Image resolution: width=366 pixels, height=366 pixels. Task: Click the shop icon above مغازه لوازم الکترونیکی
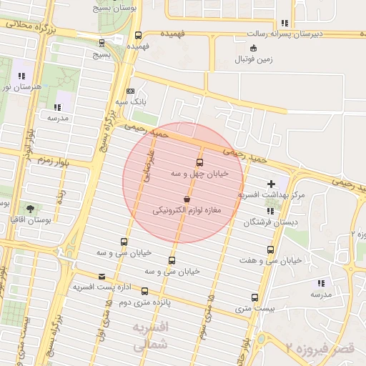[x=187, y=199]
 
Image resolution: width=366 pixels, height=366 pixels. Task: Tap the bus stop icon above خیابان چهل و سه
[x=199, y=162]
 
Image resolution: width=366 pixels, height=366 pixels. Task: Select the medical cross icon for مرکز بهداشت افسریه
[x=271, y=184]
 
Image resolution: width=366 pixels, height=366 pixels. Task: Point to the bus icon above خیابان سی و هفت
[x=270, y=249]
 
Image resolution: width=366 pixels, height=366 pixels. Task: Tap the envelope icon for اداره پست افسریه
[x=101, y=276]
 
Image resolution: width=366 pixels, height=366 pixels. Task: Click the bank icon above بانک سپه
[x=129, y=91]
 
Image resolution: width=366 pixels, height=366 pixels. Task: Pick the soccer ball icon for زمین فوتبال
[x=253, y=48]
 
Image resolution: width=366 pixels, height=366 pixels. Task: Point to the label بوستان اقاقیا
[x=29, y=219]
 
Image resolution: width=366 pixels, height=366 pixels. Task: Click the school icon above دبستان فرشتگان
[x=270, y=211]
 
